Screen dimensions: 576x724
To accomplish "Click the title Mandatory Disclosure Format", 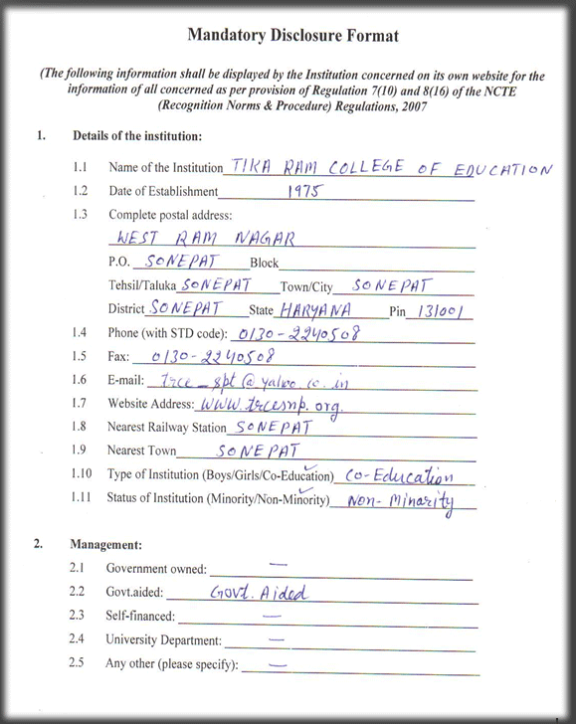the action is [x=292, y=36].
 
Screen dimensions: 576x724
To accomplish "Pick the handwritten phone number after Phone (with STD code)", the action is [x=295, y=333].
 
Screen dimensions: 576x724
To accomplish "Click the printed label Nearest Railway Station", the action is [x=166, y=429].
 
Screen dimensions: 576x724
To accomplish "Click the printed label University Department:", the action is [x=163, y=640].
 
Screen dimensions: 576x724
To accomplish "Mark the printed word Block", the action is [x=264, y=264].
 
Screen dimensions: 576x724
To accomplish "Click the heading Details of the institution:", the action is [x=137, y=135].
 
